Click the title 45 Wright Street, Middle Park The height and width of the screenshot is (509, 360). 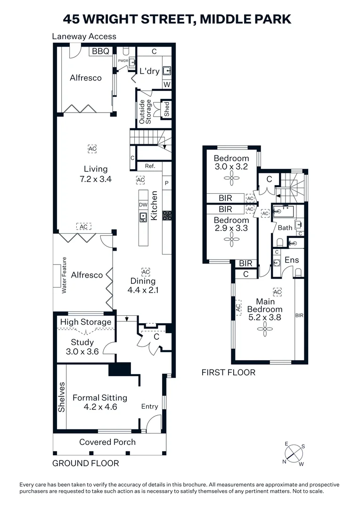[177, 19]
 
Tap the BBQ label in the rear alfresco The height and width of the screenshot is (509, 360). [100, 51]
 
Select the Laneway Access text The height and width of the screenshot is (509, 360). [84, 36]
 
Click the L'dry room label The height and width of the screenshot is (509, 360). [149, 72]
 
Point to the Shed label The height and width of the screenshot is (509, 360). [166, 109]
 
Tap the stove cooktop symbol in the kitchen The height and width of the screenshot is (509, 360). [167, 216]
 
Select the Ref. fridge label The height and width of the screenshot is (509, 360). [150, 166]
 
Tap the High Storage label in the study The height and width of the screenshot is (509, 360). [86, 322]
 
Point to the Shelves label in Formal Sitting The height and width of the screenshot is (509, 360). [61, 397]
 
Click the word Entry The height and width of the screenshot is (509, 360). [150, 406]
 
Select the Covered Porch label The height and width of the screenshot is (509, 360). [107, 442]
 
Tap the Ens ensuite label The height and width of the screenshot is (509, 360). [292, 260]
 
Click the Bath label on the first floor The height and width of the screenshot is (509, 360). [285, 228]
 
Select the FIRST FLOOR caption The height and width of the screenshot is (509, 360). [229, 373]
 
